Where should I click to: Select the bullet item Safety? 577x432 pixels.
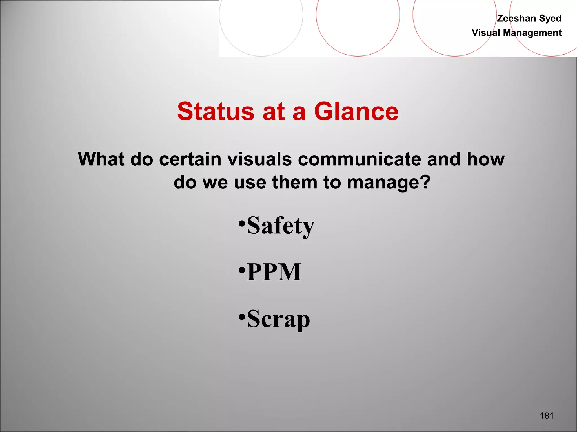pyautogui.click(x=280, y=226)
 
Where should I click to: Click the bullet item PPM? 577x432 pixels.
pyautogui.click(x=274, y=272)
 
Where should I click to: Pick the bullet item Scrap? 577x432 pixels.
pyautogui.click(x=278, y=319)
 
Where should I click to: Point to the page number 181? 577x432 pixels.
pyautogui.click(x=547, y=415)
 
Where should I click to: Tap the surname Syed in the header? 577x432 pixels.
pyautogui.click(x=550, y=18)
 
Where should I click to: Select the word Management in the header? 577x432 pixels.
pyautogui.click(x=532, y=33)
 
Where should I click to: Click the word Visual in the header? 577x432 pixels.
pyautogui.click(x=486, y=33)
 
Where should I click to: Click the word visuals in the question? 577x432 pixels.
pyautogui.click(x=259, y=159)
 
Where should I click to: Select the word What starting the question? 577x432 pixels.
pyautogui.click(x=101, y=159)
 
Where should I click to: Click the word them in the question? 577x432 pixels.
pyautogui.click(x=295, y=182)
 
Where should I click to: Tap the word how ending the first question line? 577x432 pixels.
pyautogui.click(x=485, y=159)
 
